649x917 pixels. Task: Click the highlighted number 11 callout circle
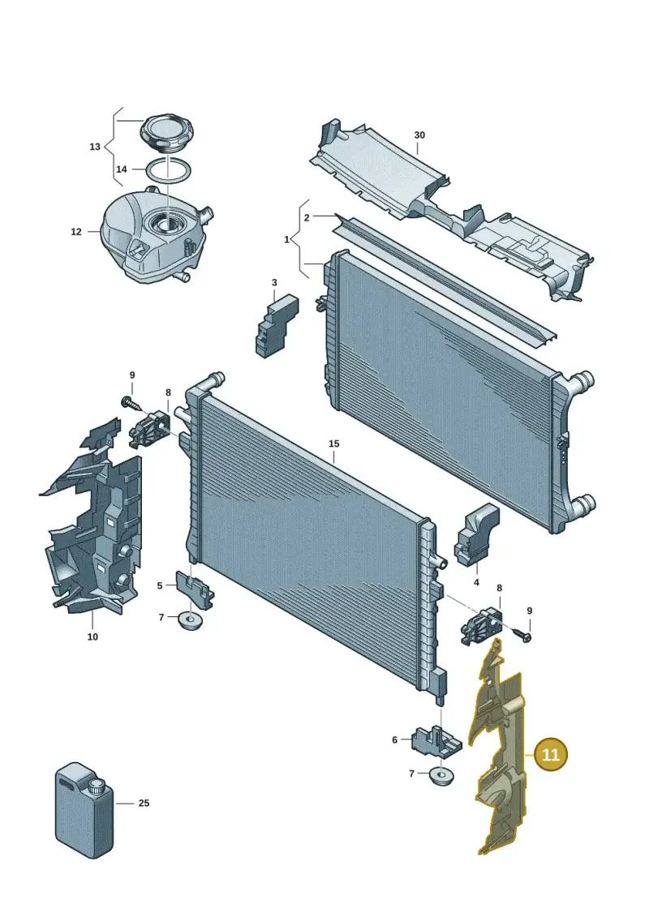[x=551, y=754]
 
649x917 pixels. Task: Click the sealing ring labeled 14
[x=169, y=171]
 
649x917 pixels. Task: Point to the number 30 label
[x=419, y=135]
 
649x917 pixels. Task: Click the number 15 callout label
[x=333, y=444]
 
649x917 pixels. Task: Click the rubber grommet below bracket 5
[x=189, y=619]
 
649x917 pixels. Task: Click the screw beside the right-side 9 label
[x=520, y=634]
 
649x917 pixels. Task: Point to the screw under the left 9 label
[x=131, y=403]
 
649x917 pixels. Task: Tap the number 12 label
[x=76, y=232]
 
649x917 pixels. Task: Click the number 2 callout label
[x=307, y=217]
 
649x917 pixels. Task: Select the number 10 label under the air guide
[x=92, y=636]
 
